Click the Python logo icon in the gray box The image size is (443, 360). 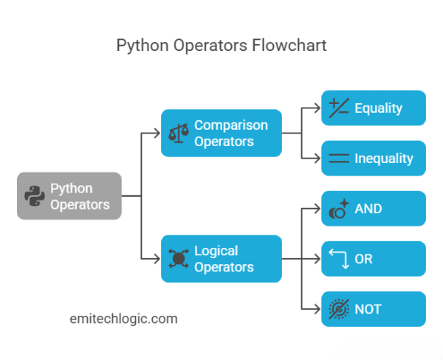pos(34,195)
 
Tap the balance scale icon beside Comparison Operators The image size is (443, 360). pos(177,134)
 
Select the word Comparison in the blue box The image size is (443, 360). pos(230,125)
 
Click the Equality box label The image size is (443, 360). pos(378,108)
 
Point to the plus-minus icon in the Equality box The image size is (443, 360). pos(338,108)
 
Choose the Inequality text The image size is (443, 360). pos(383,158)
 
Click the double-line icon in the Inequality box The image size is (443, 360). pos(338,158)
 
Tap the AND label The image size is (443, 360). pos(368,209)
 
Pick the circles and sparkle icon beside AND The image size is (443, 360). pos(338,209)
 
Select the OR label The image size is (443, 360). pos(364,259)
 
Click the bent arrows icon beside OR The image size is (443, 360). pos(338,259)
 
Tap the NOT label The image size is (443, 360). pos(367,309)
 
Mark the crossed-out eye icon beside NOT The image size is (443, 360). pos(338,309)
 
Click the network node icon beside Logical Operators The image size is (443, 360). pos(177,259)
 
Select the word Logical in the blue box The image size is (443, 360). pos(216,251)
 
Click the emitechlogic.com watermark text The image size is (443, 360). pos(123,319)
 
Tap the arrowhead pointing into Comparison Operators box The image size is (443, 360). pos(156,134)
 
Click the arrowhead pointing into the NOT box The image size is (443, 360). pos(317,309)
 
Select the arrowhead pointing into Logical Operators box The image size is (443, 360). pos(156,259)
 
